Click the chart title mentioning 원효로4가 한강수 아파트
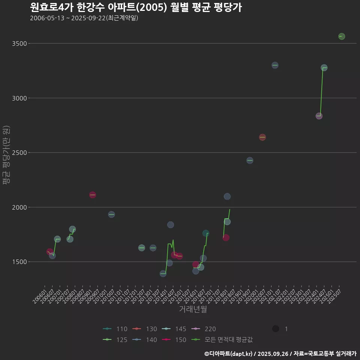pos(135,7)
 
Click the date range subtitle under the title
pos(84,18)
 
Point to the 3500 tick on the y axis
pos(19,43)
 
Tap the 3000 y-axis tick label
pos(19,98)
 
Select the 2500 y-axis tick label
pos(19,153)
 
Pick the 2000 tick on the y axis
pos(19,207)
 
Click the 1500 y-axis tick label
pos(19,262)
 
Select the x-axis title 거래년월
pos(193,309)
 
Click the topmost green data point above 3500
pos(342,36)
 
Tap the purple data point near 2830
pos(319,116)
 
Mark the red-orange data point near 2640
pos(262,137)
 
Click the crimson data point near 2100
pos(93,195)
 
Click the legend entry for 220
pos(204,329)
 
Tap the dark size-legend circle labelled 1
pos(276,329)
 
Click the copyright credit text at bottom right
pos(280,354)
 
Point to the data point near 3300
pos(275,65)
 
